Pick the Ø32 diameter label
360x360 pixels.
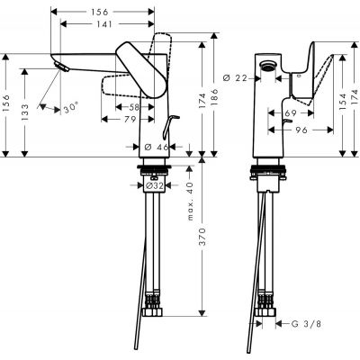click(153, 185)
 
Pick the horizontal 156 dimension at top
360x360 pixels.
click(103, 11)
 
